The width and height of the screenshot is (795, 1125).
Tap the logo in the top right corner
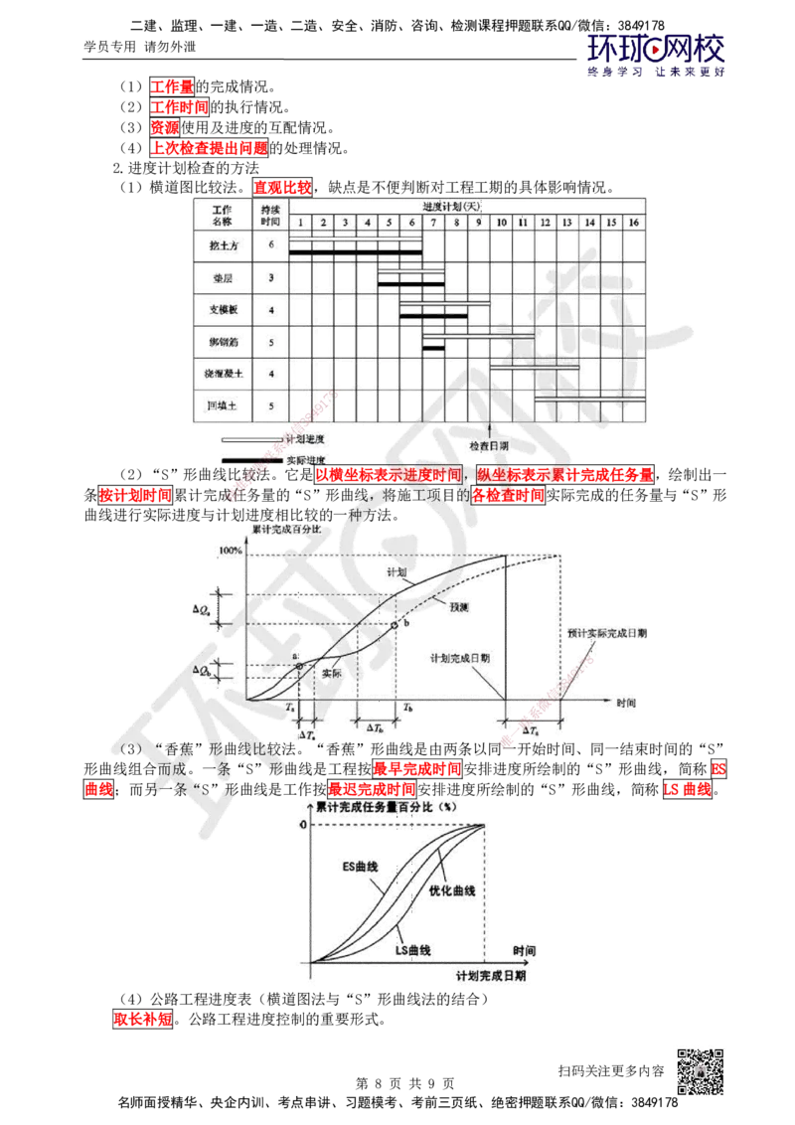tap(656, 55)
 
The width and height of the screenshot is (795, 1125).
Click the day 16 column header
tap(632, 222)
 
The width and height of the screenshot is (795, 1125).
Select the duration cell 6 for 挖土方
tap(270, 245)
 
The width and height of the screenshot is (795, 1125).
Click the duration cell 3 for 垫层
tap(270, 278)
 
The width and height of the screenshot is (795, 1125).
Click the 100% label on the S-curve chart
tap(230, 550)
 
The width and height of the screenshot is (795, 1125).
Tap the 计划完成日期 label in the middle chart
tap(458, 658)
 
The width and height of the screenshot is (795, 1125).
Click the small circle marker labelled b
tap(394, 624)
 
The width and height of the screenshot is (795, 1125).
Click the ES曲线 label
tap(360, 867)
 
